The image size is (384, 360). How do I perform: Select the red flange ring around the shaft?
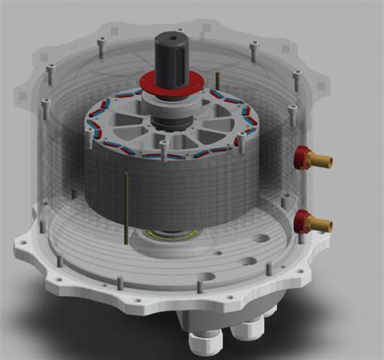(x=171, y=84)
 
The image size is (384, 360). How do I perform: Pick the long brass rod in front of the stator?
(x=126, y=207)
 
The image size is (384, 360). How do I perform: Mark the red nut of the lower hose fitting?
(x=303, y=219)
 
